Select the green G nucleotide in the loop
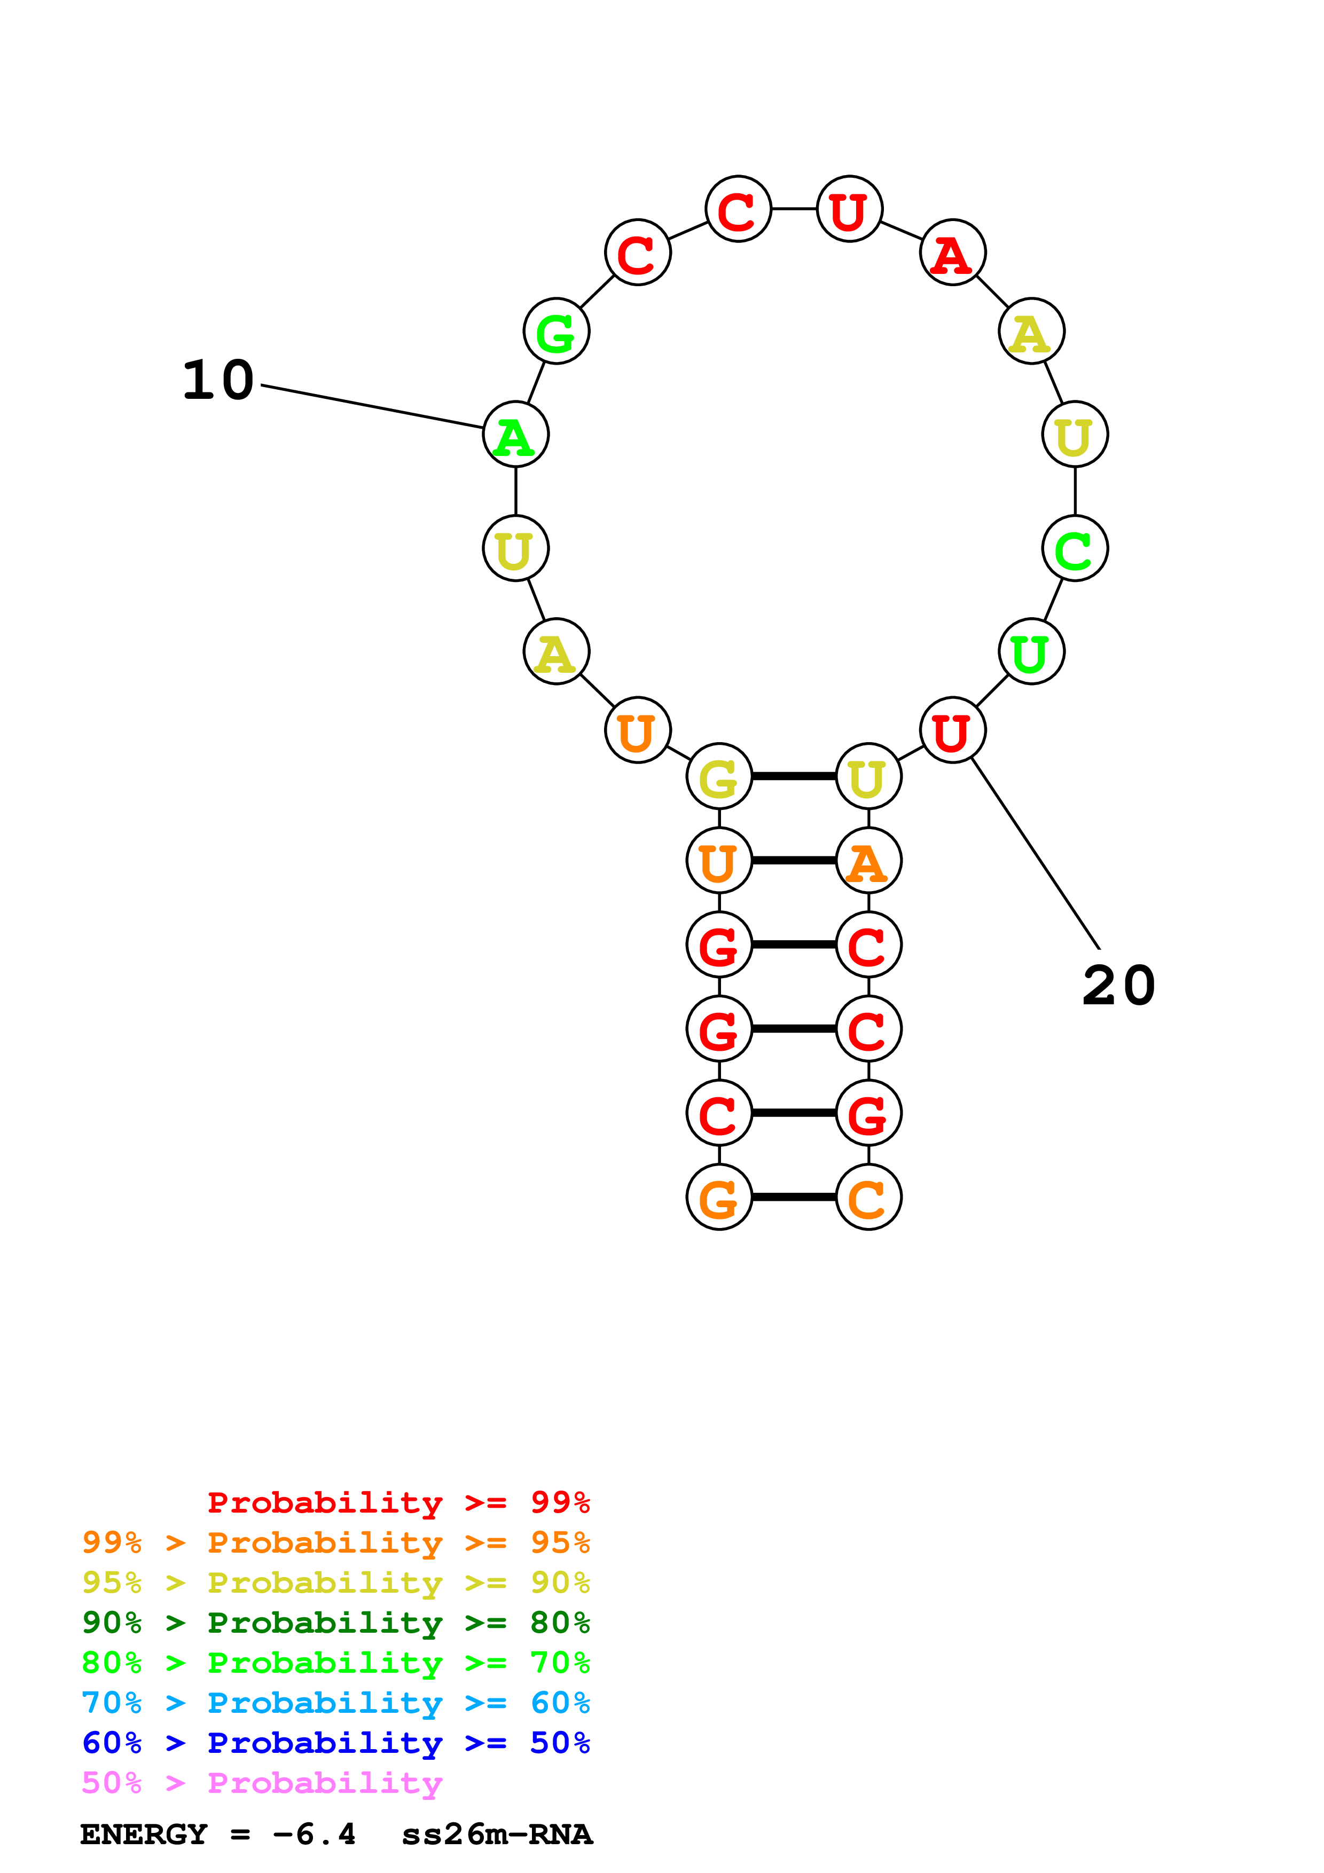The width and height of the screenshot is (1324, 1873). (557, 331)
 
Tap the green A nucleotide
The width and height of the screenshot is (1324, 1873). (515, 435)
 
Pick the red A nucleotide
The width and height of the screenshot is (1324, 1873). (952, 253)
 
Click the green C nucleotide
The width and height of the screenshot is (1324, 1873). (1075, 549)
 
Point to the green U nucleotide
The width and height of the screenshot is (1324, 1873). (1031, 652)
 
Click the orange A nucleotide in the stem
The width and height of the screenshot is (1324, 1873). (868, 861)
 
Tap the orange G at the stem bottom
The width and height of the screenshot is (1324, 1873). (719, 1198)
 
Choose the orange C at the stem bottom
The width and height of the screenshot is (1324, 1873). (868, 1198)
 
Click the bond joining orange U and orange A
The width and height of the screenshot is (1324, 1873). (794, 861)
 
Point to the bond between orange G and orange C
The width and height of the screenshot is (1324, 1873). (794, 1198)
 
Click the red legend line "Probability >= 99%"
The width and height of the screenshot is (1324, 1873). (398, 1502)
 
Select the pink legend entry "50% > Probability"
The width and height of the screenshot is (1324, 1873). (262, 1783)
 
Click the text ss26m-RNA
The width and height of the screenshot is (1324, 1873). (497, 1835)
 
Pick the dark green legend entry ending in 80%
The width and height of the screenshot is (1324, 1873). (335, 1623)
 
